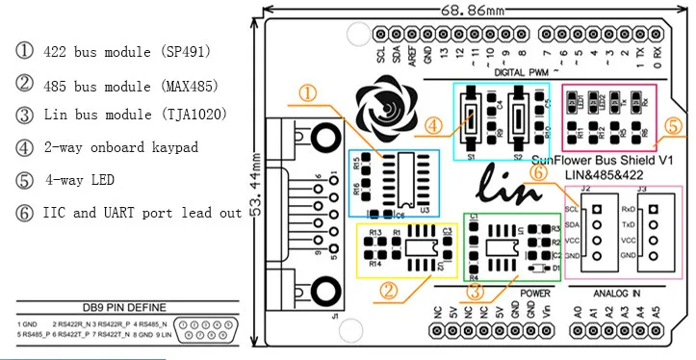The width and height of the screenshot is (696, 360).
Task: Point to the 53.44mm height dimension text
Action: (254, 182)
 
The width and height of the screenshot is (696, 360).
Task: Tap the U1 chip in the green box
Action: (502, 248)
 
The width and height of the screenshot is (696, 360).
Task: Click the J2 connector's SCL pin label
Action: (571, 209)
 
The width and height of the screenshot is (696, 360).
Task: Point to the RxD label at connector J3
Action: (628, 209)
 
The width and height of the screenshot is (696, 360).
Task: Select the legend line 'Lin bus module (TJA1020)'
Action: (135, 115)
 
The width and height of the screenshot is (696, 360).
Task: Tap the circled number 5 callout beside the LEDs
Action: (673, 126)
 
